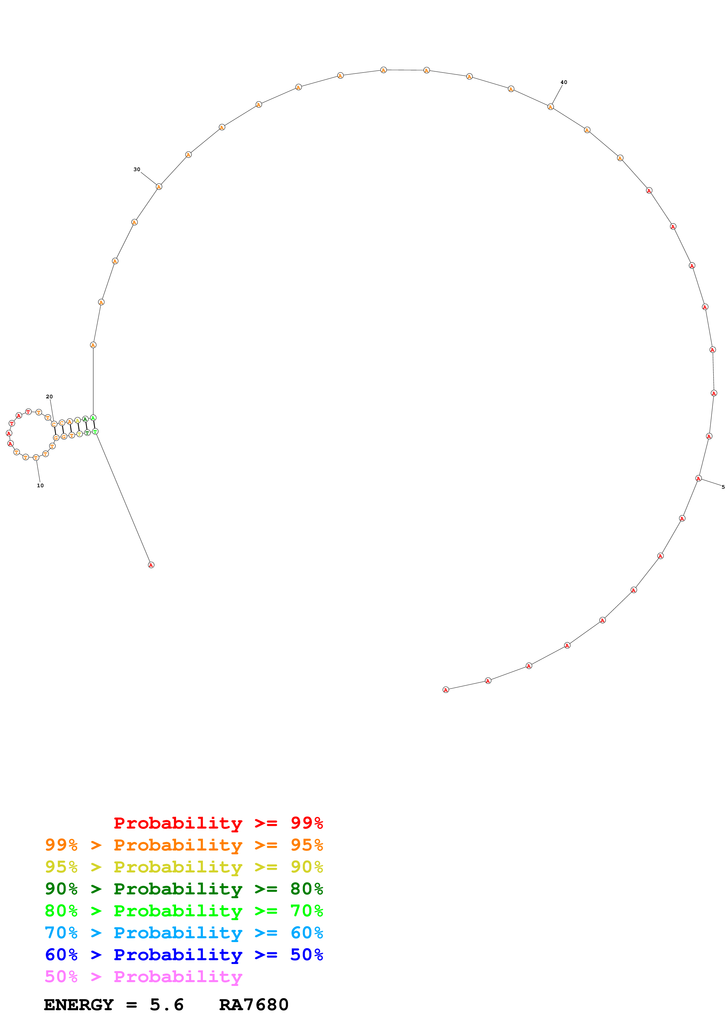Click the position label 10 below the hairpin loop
[x=40, y=485]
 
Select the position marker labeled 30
[x=137, y=169]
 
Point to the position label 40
[x=564, y=82]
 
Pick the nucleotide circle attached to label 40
[x=550, y=107]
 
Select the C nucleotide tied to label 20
[x=54, y=424]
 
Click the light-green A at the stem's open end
[x=93, y=418]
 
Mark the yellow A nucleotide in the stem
[x=77, y=420]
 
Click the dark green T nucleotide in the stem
[x=87, y=433]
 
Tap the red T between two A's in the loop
[x=12, y=423]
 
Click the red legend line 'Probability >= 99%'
[x=218, y=823]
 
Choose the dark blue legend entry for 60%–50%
[x=184, y=955]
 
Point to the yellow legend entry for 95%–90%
[x=184, y=867]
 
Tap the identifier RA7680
[x=254, y=1005]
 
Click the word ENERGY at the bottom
[x=79, y=1005]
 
